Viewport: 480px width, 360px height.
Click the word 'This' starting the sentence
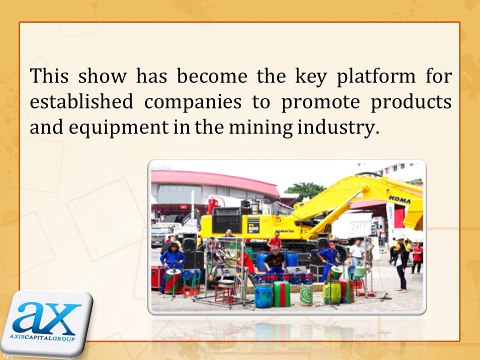pyautogui.click(x=50, y=76)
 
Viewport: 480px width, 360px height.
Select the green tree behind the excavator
pyautogui.click(x=303, y=190)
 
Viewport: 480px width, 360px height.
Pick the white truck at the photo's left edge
pyautogui.click(x=160, y=232)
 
